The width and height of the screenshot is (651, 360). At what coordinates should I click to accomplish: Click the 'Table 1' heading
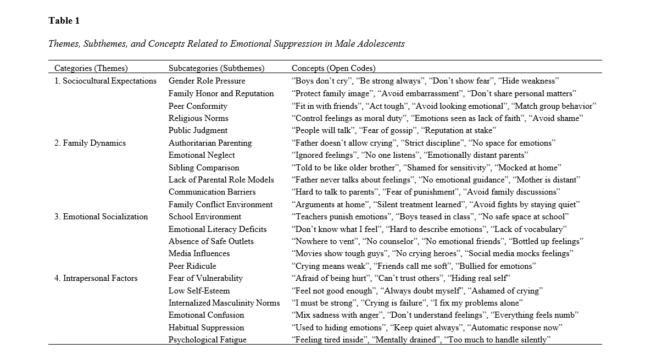coord(64,21)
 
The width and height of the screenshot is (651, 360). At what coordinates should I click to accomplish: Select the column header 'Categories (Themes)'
coord(91,69)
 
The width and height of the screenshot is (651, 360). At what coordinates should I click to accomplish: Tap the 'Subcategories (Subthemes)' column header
coord(216,69)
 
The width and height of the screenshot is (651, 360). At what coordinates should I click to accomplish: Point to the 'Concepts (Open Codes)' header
coord(333,69)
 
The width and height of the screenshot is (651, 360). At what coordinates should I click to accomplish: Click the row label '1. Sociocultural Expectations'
coord(105,81)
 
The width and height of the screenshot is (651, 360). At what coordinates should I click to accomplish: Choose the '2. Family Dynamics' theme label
coord(90,143)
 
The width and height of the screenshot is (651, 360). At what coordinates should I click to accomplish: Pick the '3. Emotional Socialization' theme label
coord(101,217)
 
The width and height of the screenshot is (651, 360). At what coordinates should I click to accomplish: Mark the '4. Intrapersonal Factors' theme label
coord(96,278)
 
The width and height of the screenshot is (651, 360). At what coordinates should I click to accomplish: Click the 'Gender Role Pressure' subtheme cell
coord(207,81)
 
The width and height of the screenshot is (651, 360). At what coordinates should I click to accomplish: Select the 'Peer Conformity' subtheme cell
coord(198,106)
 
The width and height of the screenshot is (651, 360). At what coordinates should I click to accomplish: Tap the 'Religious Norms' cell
coord(198,118)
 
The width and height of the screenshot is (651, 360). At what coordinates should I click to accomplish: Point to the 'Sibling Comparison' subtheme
coord(204,168)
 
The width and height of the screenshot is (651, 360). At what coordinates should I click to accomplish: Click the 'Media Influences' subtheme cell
coord(199,253)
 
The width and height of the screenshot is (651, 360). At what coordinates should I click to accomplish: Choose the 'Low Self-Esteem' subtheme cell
coord(199,291)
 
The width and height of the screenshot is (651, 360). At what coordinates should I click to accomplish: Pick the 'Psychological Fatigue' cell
coord(208,340)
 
